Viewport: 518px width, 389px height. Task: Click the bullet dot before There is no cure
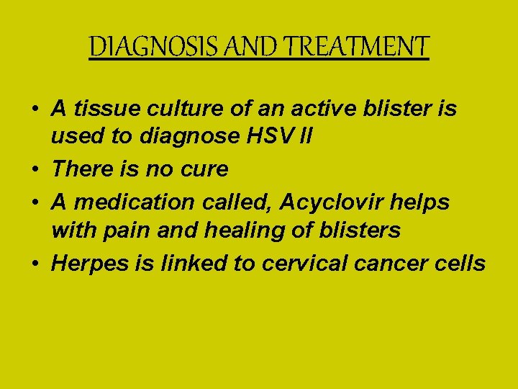[35, 170]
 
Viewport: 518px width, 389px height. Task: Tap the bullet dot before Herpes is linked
[35, 264]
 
